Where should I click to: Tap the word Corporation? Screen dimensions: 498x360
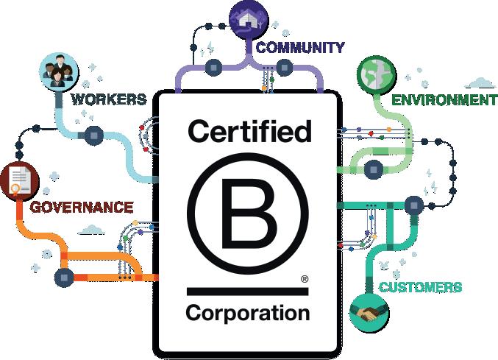(x=248, y=312)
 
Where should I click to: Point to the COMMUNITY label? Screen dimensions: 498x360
(x=299, y=48)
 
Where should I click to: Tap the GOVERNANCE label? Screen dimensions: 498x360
(x=82, y=206)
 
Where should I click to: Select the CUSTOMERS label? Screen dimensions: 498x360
(x=420, y=286)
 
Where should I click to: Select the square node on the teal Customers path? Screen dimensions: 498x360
(x=413, y=202)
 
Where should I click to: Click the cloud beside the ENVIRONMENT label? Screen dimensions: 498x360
(x=479, y=82)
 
